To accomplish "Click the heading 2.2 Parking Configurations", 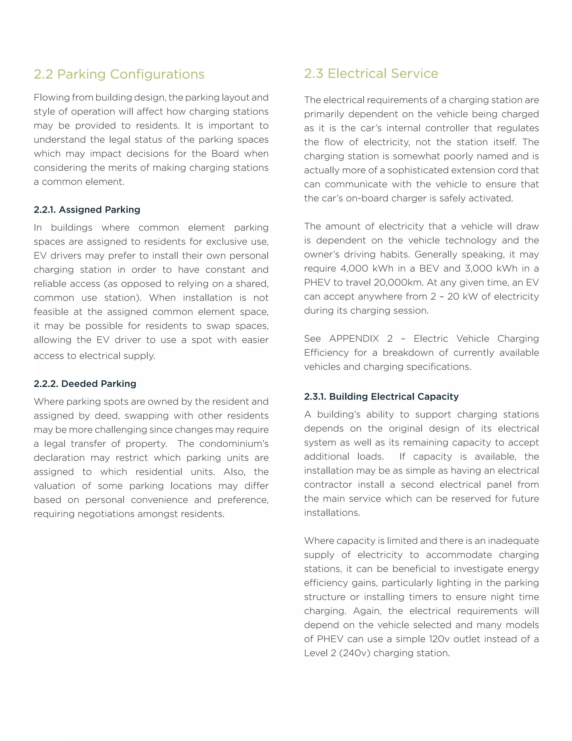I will pos(119,74).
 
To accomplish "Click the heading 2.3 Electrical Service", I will pos(371,74).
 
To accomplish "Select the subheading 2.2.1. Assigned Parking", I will pos(87,210).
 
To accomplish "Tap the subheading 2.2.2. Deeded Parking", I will pos(85,384).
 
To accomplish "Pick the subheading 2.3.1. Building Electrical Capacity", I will pos(381,397).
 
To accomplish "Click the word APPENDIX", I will pos(354,339).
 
